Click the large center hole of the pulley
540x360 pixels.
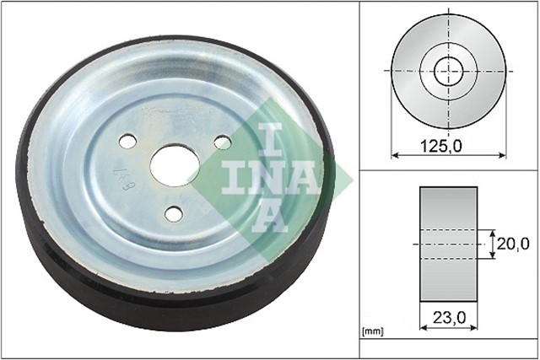[x=175, y=164]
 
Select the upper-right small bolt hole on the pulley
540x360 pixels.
[x=222, y=142]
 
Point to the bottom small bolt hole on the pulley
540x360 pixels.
[x=173, y=213]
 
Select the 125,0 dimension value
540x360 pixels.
[x=441, y=146]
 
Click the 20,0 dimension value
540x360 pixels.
[x=512, y=244]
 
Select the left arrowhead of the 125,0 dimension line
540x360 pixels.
[x=394, y=155]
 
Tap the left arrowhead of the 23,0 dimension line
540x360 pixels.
[x=422, y=329]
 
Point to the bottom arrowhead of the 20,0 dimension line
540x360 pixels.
[x=491, y=255]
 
